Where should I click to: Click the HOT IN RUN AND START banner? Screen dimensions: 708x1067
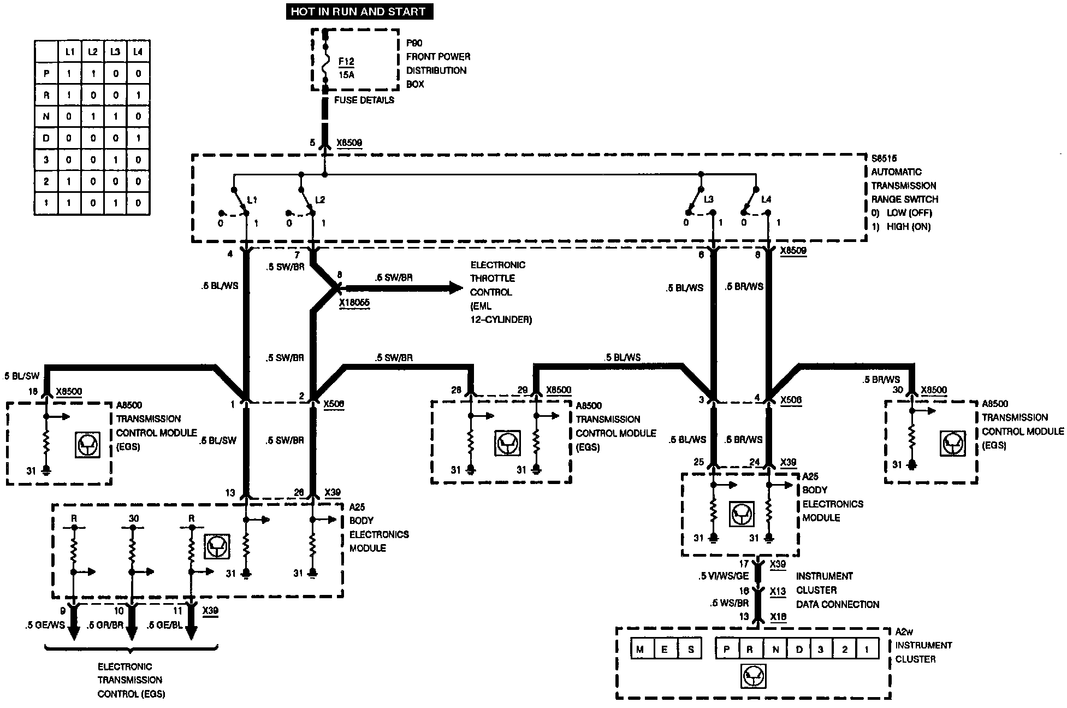(x=359, y=11)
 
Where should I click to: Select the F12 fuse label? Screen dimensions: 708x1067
(x=346, y=62)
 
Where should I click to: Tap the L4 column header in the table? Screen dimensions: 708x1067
(x=138, y=52)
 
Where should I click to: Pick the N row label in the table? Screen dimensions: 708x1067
(x=46, y=116)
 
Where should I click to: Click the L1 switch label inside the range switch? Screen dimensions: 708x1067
(x=252, y=200)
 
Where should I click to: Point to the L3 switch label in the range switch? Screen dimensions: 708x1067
(x=709, y=200)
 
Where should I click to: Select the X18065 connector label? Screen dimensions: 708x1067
(x=354, y=303)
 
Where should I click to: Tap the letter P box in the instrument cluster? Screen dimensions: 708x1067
(x=727, y=650)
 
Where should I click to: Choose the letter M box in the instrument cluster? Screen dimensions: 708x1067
(x=641, y=650)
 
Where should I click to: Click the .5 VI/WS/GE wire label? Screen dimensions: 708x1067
(x=724, y=576)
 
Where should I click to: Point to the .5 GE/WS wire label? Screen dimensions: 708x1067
(x=45, y=626)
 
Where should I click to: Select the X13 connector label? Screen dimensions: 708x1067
(x=778, y=591)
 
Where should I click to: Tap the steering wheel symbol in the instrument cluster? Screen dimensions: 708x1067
(x=754, y=677)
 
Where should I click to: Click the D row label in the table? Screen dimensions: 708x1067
(x=46, y=138)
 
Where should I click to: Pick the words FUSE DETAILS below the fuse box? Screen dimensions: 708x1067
(x=364, y=101)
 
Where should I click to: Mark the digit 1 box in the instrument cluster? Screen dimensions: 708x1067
(x=866, y=650)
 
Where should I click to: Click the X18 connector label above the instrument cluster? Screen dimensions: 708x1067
(x=778, y=617)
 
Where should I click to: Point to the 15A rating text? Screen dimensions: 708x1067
(x=346, y=75)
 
